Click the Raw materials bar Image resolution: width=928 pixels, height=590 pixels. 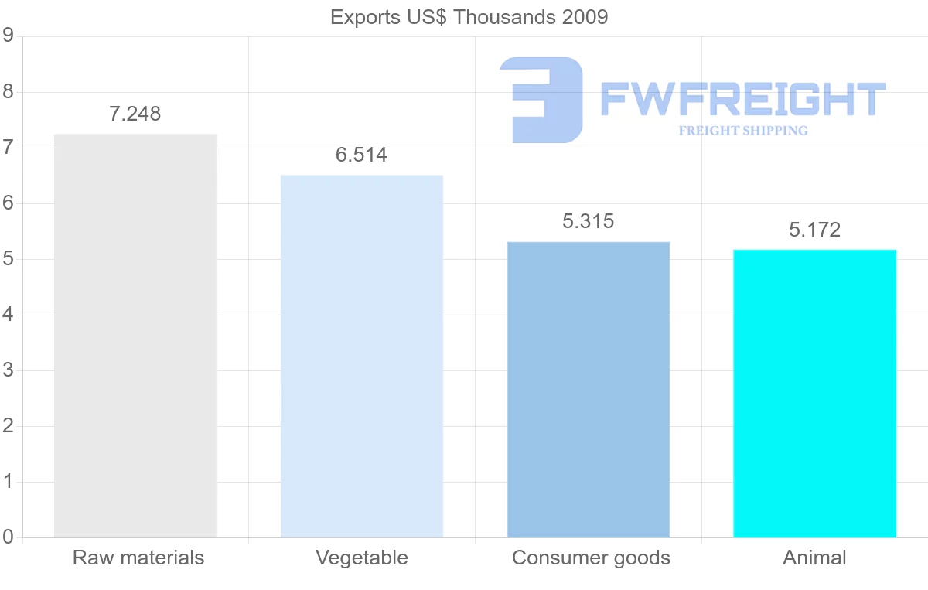coord(135,336)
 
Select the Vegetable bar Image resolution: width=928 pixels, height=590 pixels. coord(362,356)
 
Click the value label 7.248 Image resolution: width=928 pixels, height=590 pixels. coord(135,114)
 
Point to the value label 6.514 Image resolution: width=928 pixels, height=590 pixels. coord(361,155)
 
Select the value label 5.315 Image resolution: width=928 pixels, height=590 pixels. coord(589,222)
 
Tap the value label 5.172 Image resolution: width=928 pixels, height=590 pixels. coord(814,230)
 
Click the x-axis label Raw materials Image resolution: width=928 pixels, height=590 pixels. coord(138,558)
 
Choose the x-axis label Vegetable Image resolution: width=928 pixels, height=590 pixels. coord(362,558)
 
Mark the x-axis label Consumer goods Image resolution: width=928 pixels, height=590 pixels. coord(591,558)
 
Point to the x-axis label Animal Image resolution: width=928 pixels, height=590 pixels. coord(814,558)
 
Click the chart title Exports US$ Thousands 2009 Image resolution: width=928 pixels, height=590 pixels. coord(469,17)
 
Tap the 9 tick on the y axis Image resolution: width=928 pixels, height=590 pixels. coord(8,36)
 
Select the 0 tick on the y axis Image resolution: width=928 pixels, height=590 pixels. coord(8,537)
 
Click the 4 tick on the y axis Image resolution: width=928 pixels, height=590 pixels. coord(8,315)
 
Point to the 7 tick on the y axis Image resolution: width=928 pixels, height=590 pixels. coord(8,148)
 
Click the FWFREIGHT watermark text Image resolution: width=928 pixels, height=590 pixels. coord(742,99)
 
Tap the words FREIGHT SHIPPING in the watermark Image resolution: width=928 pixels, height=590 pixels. coord(743,131)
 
